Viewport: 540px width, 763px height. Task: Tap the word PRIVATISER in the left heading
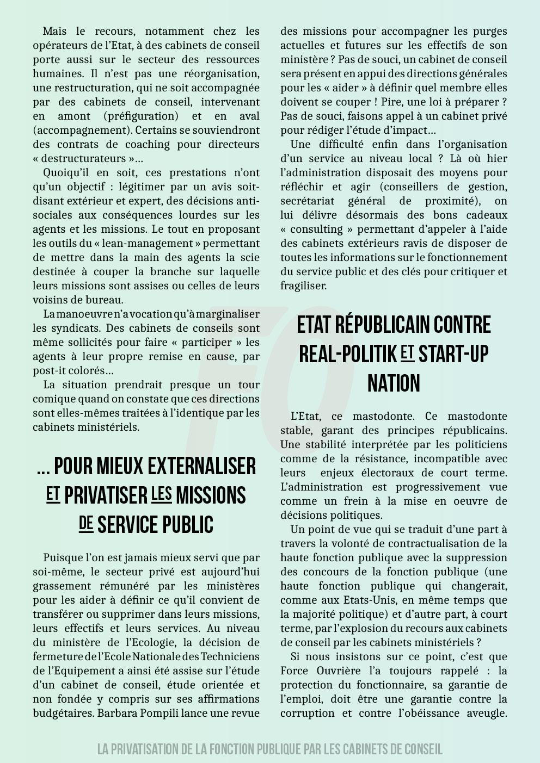[106, 496]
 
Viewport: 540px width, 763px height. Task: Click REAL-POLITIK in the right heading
[348, 355]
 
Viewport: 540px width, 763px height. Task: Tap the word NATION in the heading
[394, 383]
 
